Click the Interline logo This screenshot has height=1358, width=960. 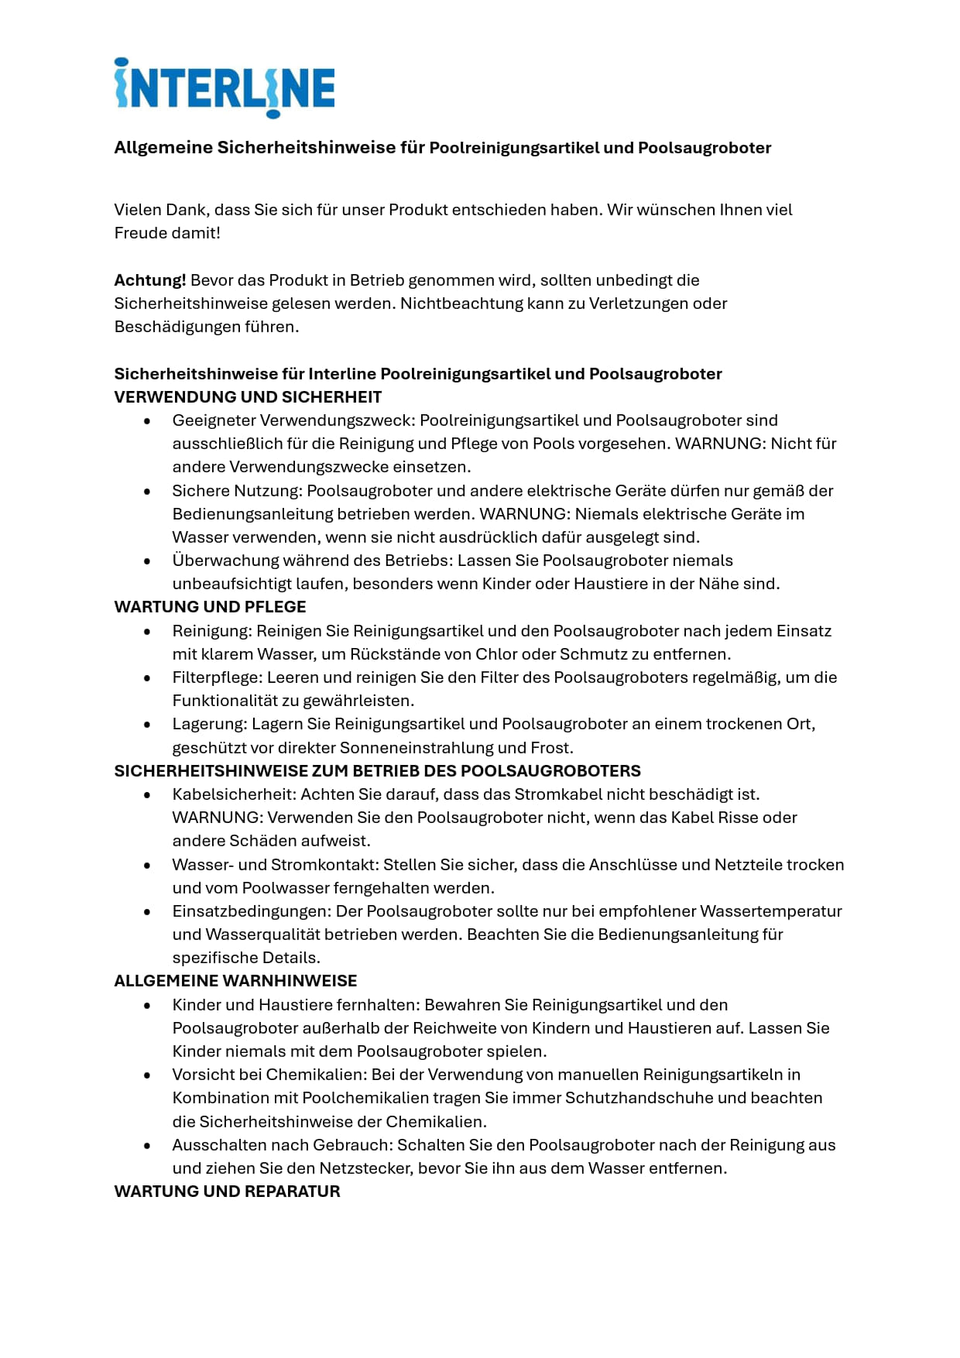pos(225,87)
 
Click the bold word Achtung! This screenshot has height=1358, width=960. pos(149,280)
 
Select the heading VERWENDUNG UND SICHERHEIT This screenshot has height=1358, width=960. pos(248,397)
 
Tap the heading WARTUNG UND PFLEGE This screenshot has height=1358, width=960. pos(210,607)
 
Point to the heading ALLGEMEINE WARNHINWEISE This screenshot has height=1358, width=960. pos(235,981)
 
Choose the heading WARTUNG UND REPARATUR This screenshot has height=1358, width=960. pos(227,1192)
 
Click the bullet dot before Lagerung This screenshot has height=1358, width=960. pos(147,725)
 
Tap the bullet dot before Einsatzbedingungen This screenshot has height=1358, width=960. pos(147,911)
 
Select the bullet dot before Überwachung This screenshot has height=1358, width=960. pos(147,561)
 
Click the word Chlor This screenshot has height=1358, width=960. pos(495,654)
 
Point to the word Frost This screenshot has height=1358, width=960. pos(550,748)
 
